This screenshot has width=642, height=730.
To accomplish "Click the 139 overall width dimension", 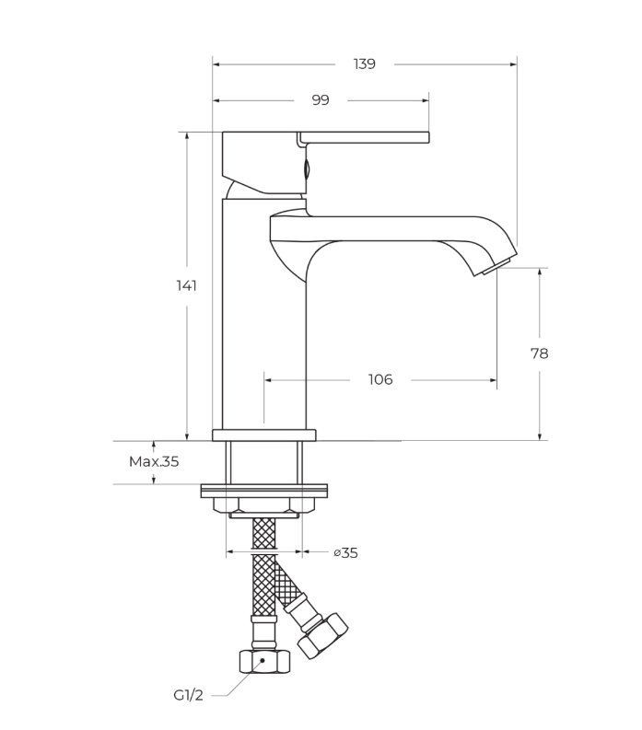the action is [365, 64].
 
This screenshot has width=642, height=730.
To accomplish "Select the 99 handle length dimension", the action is [321, 100].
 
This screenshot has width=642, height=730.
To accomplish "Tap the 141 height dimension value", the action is [186, 285].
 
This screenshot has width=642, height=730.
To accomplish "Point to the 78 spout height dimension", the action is [540, 353].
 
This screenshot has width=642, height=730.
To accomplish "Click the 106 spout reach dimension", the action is [380, 380].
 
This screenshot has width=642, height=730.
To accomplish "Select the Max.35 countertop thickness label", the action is [154, 462].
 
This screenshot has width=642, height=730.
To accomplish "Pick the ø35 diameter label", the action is [345, 553].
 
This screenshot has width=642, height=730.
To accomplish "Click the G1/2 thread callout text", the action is [189, 696].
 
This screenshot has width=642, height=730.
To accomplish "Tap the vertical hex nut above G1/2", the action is [264, 662].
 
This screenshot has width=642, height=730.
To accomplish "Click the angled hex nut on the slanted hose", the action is [322, 636].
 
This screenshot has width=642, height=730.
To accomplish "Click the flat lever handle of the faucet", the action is [364, 137].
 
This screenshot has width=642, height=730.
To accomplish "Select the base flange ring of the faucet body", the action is [264, 435].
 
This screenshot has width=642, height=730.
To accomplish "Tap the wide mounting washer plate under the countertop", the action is [264, 492].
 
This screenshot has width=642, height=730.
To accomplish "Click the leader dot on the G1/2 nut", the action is [263, 660].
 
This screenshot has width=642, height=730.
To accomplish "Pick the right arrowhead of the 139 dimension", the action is [513, 64].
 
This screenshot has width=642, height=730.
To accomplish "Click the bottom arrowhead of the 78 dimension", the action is [540, 436].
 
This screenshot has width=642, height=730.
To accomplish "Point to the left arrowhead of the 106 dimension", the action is [268, 380].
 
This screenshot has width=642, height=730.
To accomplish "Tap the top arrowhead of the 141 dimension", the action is [187, 136].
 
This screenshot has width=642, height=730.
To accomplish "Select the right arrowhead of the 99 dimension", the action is [425, 100].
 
